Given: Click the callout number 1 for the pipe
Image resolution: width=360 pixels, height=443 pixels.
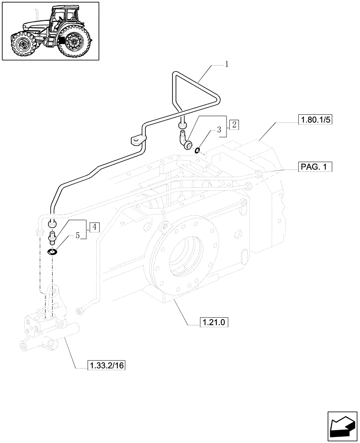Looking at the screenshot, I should tap(227, 65).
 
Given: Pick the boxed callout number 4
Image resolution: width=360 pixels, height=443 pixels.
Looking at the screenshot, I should tap(94, 227).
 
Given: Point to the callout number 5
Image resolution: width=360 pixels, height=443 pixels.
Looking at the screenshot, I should tap(77, 236).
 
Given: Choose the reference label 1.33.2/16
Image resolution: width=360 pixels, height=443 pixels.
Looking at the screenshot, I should tap(101, 365).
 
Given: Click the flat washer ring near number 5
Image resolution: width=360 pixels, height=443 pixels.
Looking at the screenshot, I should tap(52, 253).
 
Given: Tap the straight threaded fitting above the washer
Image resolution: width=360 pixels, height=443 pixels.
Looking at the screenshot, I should tap(52, 238).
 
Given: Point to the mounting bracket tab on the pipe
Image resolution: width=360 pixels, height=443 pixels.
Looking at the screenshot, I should tap(136, 141).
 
